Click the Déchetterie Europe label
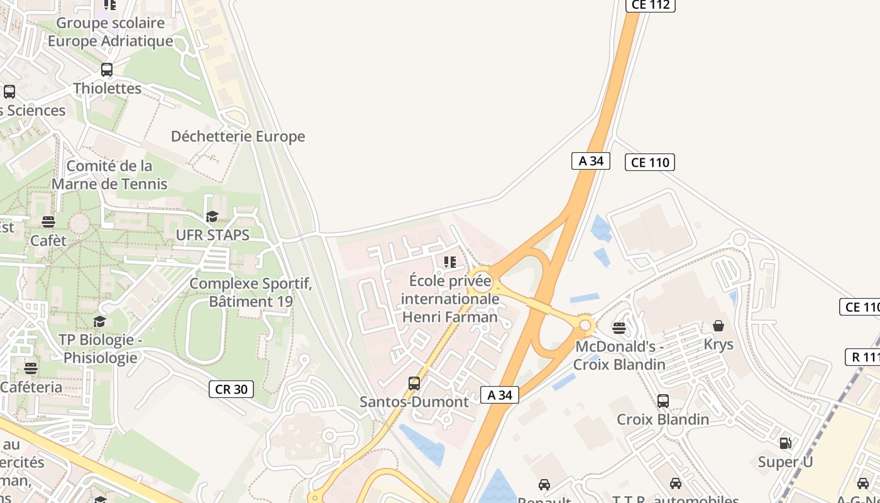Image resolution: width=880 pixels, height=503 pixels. [238, 136]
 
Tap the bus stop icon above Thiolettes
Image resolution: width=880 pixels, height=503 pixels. [107, 70]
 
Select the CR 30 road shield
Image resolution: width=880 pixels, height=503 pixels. [231, 389]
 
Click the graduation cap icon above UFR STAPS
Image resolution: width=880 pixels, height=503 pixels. [212, 217]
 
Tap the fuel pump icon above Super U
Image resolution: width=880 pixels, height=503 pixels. [785, 443]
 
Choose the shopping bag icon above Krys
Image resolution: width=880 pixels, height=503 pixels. [718, 326]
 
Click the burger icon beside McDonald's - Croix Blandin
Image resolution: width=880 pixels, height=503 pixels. [619, 328]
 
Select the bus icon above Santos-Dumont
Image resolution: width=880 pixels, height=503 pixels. [414, 383]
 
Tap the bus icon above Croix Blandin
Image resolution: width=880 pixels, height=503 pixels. [663, 401]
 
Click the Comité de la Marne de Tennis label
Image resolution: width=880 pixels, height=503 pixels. [109, 175]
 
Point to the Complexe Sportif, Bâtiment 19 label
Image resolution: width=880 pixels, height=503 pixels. [251, 292]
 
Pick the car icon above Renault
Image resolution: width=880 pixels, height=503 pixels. [544, 485]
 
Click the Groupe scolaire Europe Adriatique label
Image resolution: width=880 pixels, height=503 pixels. [111, 32]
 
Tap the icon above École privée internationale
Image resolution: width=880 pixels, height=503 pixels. [450, 262]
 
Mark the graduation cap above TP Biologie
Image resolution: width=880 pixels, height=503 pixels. [99, 322]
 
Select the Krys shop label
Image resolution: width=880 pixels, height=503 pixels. [718, 345]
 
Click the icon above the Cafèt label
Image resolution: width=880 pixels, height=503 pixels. [48, 221]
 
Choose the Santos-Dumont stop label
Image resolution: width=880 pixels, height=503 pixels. [414, 402]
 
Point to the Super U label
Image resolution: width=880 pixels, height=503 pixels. [785, 462]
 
